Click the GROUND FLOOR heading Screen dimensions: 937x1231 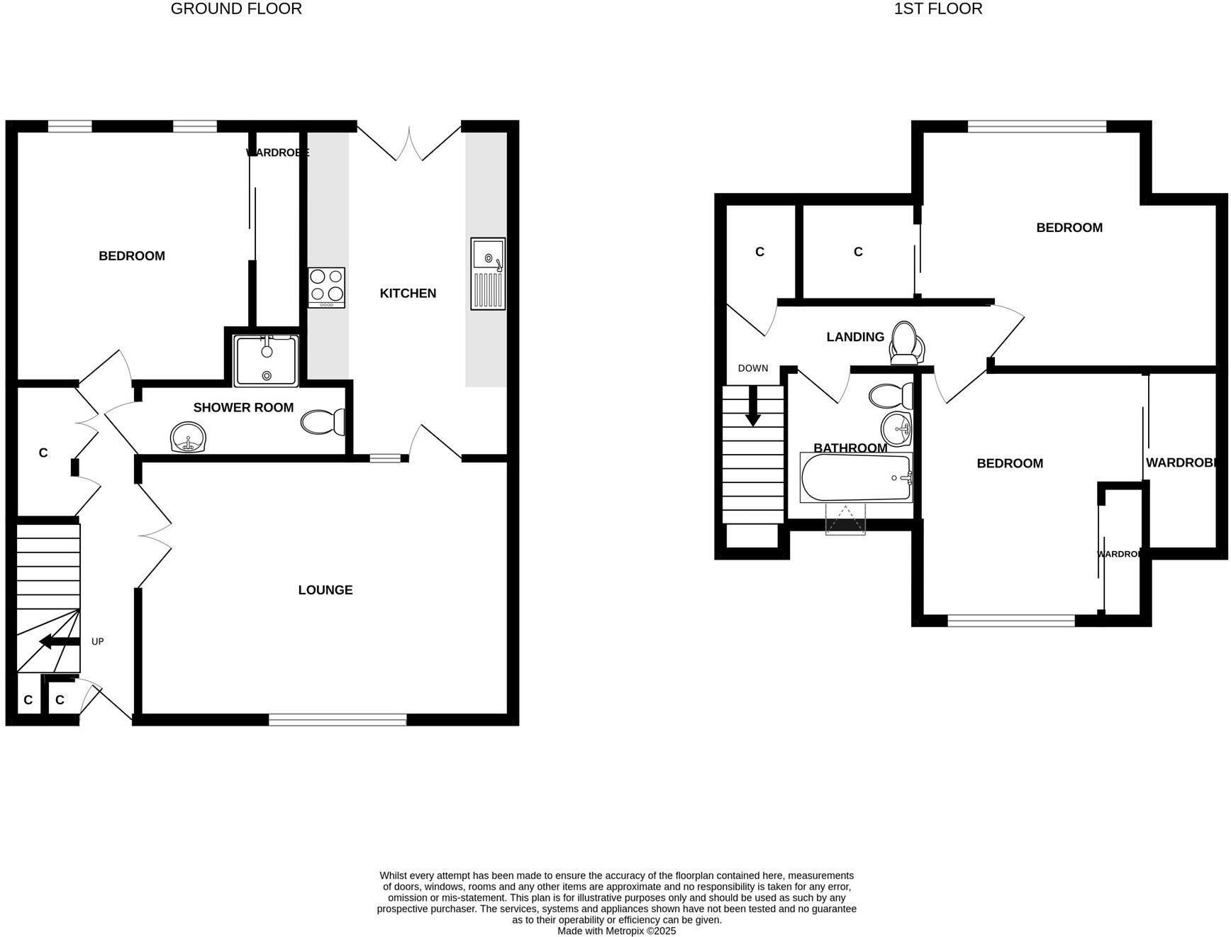pos(236,9)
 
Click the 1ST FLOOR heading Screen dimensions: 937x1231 pos(937,9)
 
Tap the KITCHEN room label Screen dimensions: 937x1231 pos(408,293)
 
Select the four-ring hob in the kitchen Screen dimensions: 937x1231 pos(326,287)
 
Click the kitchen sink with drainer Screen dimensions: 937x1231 pos(488,273)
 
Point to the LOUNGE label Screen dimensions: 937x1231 pos(325,589)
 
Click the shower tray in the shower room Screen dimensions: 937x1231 pos(266,361)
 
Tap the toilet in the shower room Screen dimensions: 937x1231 pos(323,423)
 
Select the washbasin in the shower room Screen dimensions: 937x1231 pos(188,436)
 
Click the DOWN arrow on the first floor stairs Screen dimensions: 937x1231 pos(752,407)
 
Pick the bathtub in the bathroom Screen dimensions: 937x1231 pos(856,477)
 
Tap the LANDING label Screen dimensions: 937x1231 pos(855,337)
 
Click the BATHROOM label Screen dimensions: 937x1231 pos(850,448)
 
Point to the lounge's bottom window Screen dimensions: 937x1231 pos(338,719)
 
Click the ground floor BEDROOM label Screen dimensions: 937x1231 pos(132,256)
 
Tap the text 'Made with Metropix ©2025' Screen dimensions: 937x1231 pos(616,931)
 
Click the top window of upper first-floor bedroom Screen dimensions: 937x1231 pos(1037,127)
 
